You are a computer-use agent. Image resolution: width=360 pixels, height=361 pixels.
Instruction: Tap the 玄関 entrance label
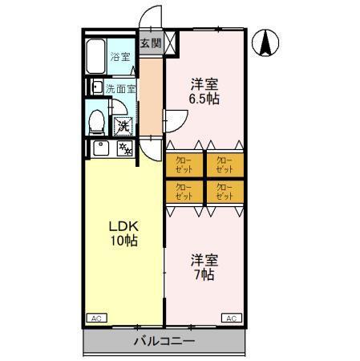point(150,43)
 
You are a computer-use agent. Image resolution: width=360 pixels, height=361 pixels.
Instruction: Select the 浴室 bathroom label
point(120,58)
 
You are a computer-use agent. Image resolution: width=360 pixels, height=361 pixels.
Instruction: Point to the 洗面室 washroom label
point(121,88)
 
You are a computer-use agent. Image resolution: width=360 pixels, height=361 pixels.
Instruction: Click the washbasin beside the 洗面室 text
point(97,87)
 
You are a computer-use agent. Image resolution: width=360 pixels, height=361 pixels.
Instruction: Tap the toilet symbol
point(97,121)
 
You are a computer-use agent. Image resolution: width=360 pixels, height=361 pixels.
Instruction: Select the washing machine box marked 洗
point(123,125)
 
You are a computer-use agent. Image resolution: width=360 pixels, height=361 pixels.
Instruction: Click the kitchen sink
point(100,148)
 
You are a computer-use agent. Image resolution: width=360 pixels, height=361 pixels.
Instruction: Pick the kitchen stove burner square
point(125,148)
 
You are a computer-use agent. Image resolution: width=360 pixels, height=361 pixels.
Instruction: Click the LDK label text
point(122,225)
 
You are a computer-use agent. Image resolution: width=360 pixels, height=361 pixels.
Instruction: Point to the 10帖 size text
point(123,240)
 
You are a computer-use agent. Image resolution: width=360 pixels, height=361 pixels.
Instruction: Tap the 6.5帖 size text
point(204,99)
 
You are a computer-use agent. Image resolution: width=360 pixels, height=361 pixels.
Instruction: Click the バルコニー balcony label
point(164,342)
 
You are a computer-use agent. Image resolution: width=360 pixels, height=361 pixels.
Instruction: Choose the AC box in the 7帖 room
point(229,318)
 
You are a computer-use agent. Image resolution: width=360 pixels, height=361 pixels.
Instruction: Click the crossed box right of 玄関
point(172,43)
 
